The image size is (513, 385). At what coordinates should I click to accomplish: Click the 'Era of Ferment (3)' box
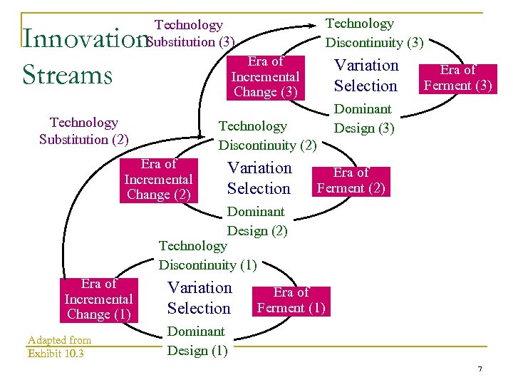[457, 78]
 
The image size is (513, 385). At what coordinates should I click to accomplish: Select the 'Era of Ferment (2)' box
[351, 180]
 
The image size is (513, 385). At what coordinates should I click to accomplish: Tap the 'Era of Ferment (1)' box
[291, 300]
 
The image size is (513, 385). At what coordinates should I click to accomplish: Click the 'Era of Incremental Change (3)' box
[265, 77]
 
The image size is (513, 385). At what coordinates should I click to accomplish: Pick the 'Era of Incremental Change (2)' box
[158, 180]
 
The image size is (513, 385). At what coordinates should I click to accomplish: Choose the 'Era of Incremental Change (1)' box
[98, 299]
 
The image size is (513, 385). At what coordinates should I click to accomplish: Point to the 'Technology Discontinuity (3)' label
[374, 34]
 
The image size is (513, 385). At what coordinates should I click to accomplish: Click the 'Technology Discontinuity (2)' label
[267, 135]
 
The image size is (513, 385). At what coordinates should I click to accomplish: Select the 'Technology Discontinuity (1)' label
[207, 255]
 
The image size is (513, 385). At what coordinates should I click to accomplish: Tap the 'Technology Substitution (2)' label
[84, 131]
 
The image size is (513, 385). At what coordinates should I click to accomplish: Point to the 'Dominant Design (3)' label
[363, 118]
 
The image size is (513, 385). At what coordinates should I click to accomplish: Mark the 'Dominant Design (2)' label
[256, 221]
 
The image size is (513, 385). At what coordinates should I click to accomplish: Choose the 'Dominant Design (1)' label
[197, 341]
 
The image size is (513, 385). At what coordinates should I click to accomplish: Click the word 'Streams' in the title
[68, 74]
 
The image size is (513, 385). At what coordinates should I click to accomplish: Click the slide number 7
[480, 369]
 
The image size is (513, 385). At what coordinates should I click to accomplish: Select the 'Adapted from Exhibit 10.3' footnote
[59, 346]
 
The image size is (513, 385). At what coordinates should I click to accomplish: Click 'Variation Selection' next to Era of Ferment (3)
[366, 76]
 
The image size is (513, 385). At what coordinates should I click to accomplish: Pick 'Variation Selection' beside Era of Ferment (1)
[199, 298]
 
